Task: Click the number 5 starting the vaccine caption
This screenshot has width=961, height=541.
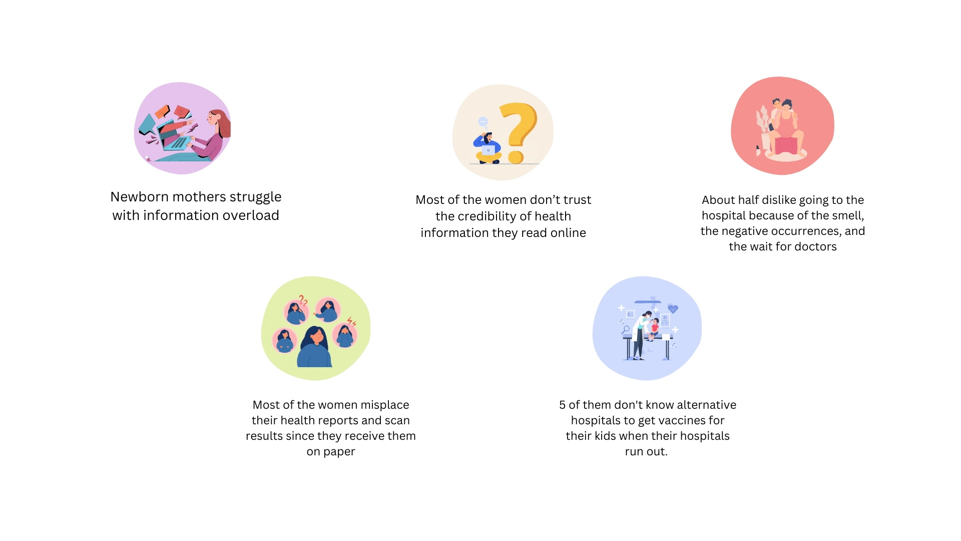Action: coord(562,405)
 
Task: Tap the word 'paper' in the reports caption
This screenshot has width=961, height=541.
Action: coord(339,452)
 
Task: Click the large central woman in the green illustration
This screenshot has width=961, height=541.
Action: coord(314,347)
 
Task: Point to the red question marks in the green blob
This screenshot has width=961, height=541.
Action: coord(303,301)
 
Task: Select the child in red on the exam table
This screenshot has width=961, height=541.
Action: coord(653,329)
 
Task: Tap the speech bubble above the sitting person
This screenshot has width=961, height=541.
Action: coord(483,122)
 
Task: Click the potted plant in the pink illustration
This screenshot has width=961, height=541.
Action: coord(764,128)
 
